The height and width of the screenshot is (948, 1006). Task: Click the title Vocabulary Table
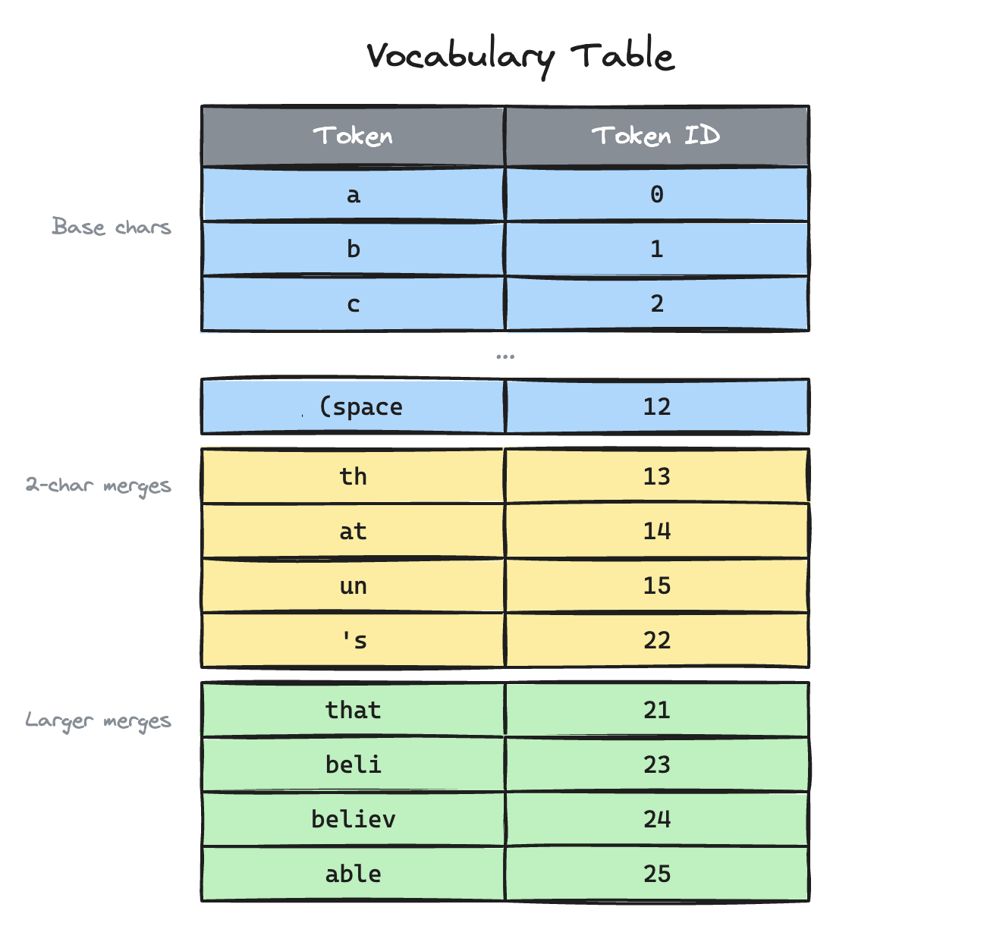tap(520, 56)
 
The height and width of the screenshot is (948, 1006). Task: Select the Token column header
tap(353, 137)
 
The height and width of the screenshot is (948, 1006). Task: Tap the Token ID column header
tap(656, 137)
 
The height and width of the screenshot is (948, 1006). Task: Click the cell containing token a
tap(353, 195)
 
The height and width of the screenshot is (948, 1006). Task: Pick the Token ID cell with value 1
tap(656, 250)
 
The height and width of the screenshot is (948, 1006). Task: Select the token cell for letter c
tap(353, 304)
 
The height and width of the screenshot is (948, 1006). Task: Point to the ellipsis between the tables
tap(505, 355)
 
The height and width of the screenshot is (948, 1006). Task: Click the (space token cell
tap(353, 407)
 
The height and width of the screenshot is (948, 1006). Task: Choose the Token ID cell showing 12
tap(656, 407)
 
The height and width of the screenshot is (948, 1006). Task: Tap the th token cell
tap(353, 476)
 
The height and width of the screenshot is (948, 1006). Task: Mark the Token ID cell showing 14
tap(656, 531)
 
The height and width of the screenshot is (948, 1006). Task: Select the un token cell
tap(353, 585)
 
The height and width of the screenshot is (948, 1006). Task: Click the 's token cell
tap(353, 640)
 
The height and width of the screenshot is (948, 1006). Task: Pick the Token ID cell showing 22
tap(656, 640)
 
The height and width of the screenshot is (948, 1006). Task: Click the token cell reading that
tap(353, 710)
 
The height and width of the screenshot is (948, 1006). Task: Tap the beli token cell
tap(353, 764)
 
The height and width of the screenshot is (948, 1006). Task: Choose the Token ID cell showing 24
tap(656, 819)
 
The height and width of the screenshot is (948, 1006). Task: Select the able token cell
tap(353, 874)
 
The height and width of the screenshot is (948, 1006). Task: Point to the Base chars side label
tap(112, 227)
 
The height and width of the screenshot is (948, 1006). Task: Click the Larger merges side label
tap(99, 720)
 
